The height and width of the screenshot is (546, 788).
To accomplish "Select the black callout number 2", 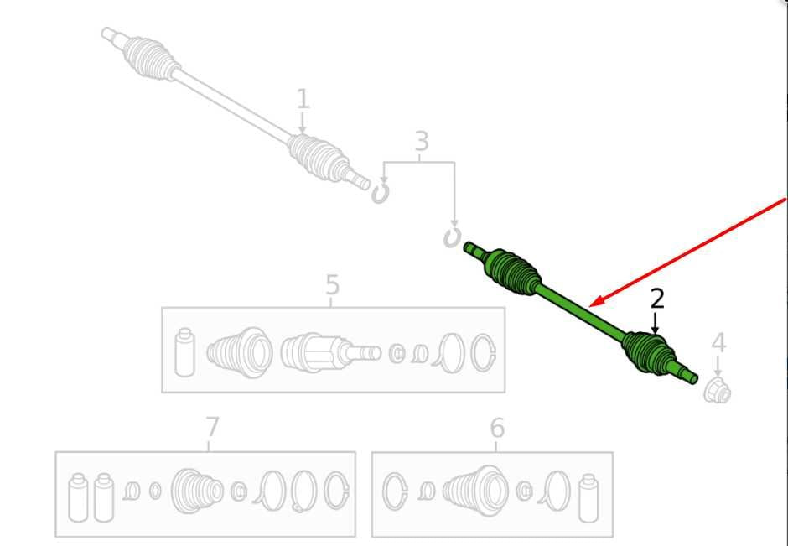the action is [x=657, y=299].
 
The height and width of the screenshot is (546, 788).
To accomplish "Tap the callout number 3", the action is [x=422, y=141].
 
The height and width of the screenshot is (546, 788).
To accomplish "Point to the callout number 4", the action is [x=718, y=343].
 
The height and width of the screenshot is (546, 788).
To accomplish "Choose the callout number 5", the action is [x=332, y=285].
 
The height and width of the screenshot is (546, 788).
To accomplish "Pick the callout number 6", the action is [x=496, y=429].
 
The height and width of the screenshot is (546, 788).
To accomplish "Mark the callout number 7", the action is [x=213, y=428].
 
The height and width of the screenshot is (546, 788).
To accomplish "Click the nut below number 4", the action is [x=717, y=391].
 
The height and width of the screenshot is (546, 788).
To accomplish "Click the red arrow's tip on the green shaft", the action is [x=591, y=305].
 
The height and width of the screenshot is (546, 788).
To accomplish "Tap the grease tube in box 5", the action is [x=184, y=352].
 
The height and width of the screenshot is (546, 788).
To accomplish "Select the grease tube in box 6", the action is [x=589, y=497].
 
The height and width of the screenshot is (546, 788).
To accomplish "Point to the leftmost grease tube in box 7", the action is [x=78, y=497].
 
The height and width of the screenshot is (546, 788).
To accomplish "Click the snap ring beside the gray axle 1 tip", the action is [x=381, y=194].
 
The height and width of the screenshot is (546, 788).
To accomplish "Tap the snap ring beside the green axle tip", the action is [x=452, y=238].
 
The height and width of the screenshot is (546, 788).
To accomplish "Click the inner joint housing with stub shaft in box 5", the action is [x=329, y=352].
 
